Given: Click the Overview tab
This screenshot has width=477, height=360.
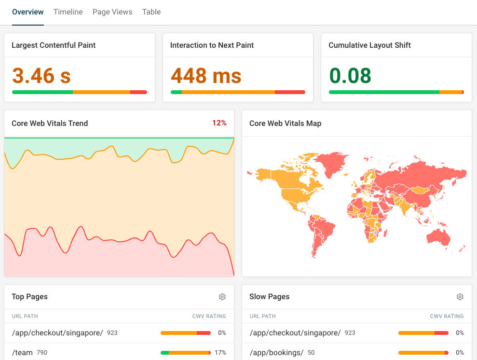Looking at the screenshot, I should (28, 12).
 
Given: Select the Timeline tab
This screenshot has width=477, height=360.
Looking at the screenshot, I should (68, 12).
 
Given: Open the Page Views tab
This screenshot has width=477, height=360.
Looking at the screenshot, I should (112, 12).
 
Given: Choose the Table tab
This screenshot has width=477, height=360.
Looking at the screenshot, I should (151, 12).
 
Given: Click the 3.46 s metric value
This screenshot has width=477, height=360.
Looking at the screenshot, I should (41, 76).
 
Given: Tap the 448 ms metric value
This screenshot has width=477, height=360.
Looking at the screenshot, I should (206, 76).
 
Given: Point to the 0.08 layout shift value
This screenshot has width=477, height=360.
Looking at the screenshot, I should (350, 76).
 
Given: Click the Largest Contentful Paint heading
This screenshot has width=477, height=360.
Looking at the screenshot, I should (54, 45).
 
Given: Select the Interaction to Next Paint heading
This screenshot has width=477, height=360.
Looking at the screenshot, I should (212, 45).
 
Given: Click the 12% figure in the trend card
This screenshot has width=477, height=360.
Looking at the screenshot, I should (219, 123).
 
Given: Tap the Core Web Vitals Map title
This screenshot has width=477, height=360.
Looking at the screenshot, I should (285, 124).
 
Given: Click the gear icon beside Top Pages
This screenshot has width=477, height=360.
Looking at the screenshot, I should (222, 297).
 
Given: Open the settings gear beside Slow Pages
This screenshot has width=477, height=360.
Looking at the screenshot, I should (460, 297).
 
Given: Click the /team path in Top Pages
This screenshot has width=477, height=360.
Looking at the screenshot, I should (22, 353).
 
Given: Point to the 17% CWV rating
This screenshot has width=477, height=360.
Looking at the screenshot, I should (220, 353).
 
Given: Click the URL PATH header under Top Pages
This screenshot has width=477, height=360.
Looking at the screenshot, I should (25, 317).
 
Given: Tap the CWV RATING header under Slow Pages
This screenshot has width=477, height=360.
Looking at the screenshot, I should (447, 317).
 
